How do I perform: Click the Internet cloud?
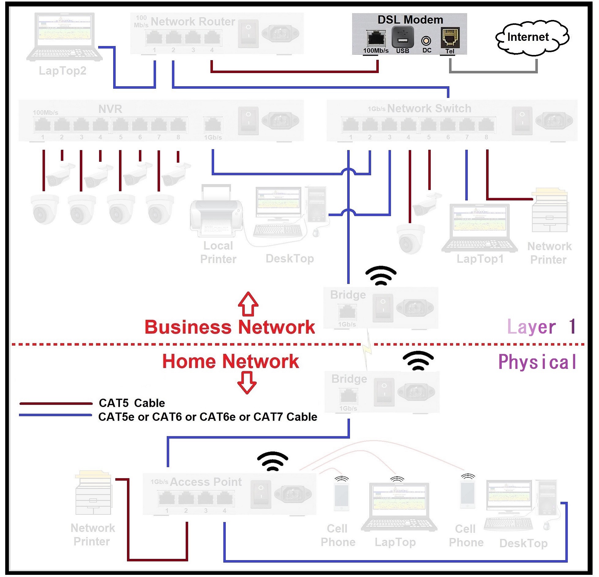point(532,37)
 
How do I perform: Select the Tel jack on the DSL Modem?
point(450,38)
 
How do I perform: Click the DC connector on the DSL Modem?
point(426,41)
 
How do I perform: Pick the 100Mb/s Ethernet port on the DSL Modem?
point(376,39)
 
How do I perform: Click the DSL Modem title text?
point(410,20)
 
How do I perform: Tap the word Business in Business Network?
point(188,327)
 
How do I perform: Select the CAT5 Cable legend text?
point(132,403)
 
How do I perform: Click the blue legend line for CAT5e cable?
point(55,415)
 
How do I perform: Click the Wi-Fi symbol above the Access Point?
point(272,461)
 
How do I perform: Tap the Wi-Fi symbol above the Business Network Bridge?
point(381,275)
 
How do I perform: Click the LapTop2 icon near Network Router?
point(64,37)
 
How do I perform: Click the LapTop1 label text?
point(480,259)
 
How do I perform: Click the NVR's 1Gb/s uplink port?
point(213,125)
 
